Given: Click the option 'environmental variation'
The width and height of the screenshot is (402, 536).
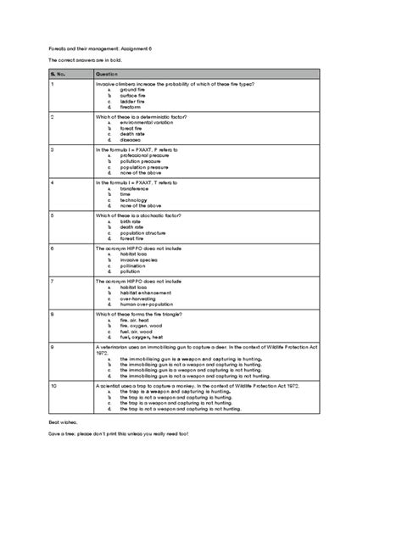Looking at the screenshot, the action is click(153, 122).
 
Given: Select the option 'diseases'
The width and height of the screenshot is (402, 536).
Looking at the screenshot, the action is click(131, 140).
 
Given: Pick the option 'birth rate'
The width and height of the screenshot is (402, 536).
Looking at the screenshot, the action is click(131, 221).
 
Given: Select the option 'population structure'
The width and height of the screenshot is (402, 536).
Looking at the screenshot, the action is click(147, 232).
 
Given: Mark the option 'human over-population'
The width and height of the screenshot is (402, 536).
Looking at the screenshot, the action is click(153, 304).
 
